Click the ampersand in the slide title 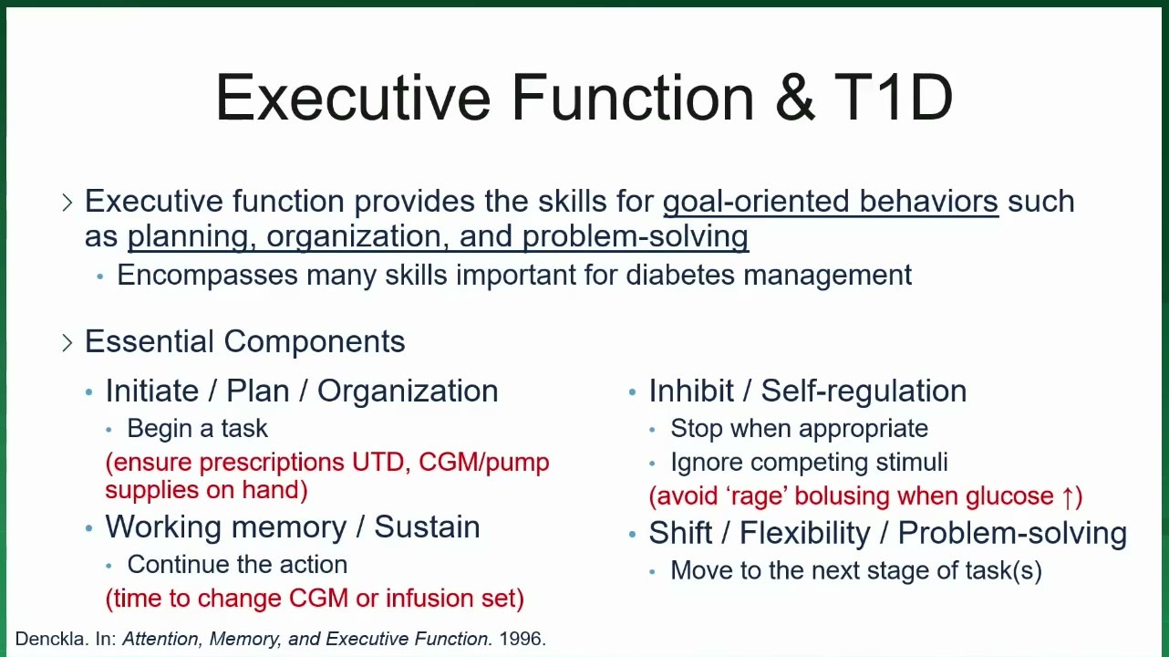[x=795, y=98]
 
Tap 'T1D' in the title [x=894, y=98]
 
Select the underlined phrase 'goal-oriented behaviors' [x=831, y=202]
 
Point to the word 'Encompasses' [x=207, y=276]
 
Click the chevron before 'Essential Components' [x=67, y=342]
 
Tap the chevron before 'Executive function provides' [x=67, y=202]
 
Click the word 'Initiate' [x=152, y=391]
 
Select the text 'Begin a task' [x=197, y=429]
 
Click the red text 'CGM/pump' [x=484, y=463]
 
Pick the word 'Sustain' [x=427, y=527]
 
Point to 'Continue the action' [x=237, y=565]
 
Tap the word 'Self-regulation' [x=864, y=391]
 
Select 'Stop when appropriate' [x=800, y=429]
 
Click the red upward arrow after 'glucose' [x=1067, y=496]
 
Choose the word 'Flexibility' [x=805, y=533]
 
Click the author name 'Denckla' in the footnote [x=51, y=639]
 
